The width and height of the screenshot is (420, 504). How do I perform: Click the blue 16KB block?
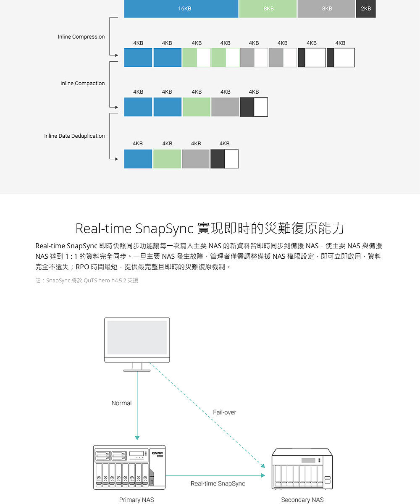(x=181, y=9)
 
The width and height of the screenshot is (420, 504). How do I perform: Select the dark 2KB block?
(x=366, y=9)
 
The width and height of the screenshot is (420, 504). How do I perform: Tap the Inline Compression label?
(x=81, y=37)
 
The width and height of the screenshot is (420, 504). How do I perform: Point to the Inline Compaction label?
(x=83, y=83)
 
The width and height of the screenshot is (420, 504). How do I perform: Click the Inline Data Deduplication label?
(x=74, y=136)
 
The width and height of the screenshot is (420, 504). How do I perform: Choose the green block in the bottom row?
(x=167, y=159)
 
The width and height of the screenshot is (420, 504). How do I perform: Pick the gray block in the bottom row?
(x=196, y=159)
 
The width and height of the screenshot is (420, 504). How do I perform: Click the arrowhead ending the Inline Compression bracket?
(x=117, y=55)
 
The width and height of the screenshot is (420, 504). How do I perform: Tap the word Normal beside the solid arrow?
(x=121, y=403)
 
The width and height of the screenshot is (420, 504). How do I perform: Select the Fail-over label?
(x=224, y=412)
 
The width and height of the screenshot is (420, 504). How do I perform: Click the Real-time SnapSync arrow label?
(x=218, y=483)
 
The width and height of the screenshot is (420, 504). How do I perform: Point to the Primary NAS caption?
(x=136, y=499)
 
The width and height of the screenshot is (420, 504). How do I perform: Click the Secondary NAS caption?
(x=302, y=499)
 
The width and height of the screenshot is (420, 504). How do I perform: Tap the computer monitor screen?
(x=137, y=337)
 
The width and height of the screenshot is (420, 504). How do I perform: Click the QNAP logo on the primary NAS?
(x=157, y=453)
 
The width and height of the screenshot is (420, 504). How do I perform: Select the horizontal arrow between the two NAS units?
(x=215, y=475)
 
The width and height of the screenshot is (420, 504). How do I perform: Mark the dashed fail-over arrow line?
(x=207, y=415)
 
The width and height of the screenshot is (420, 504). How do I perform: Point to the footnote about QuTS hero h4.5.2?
(x=87, y=280)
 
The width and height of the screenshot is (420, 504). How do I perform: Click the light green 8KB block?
(x=268, y=9)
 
